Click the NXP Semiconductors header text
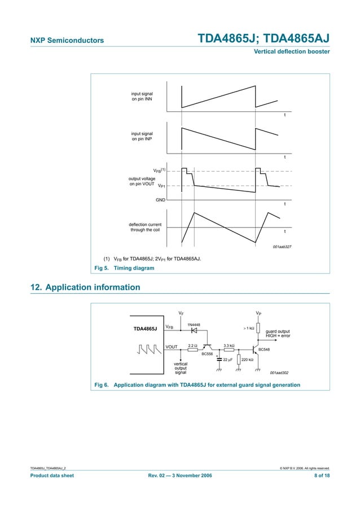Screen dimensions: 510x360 pos(67,41)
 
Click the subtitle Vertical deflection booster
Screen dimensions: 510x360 pos(292,52)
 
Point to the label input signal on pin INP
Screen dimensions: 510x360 pos(142,136)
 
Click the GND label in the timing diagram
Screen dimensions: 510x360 pos(160,200)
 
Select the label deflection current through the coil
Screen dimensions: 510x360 pos(145,227)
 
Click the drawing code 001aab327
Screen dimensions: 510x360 pos(282,247)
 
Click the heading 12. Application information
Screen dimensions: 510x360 pos(85,287)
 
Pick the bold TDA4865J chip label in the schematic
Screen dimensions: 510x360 pos(145,328)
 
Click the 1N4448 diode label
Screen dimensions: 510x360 pos(194,324)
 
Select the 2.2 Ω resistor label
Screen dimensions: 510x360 pos(192,345)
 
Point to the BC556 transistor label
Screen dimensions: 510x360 pos(207,354)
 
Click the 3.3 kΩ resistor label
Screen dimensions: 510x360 pos(229,345)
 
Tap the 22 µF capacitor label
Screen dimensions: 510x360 pos(229,359)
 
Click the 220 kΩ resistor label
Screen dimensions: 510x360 pos(248,359)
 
